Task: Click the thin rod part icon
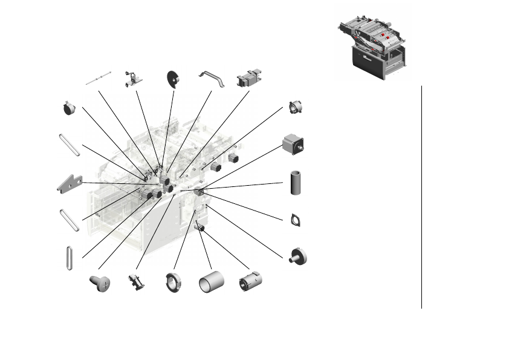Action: [x=99, y=77]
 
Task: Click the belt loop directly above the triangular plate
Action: [x=70, y=145]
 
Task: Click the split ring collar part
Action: [x=173, y=282]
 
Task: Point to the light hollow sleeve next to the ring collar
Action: [x=211, y=283]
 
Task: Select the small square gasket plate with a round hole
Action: [x=296, y=219]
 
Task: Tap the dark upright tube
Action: [x=296, y=183]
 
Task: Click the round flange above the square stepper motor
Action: [x=296, y=108]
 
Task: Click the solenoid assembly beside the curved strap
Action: [x=248, y=79]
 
